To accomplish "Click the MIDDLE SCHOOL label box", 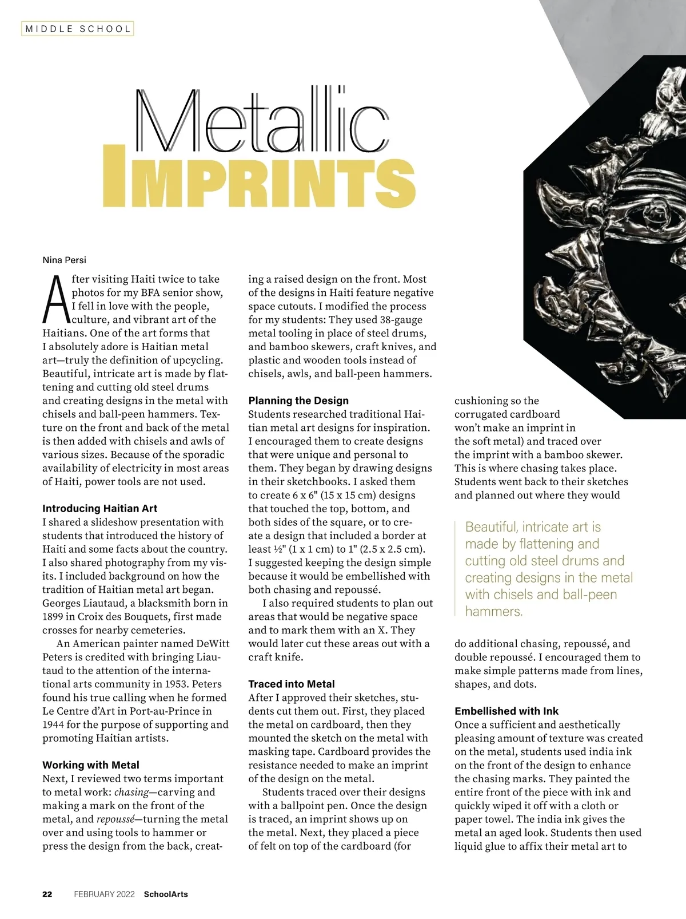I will coord(78,29).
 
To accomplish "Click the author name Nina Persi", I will coord(65,260).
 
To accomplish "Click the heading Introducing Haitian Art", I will coord(99,508).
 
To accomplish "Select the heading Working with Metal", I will coord(90,765).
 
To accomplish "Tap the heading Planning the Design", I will coord(298,401).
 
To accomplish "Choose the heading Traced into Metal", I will coord(291,684).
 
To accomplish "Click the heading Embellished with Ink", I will coord(506,711).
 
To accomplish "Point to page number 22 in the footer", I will coord(47,894).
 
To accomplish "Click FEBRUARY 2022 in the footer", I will coord(104,894).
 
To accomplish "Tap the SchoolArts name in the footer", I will coord(166,894).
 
